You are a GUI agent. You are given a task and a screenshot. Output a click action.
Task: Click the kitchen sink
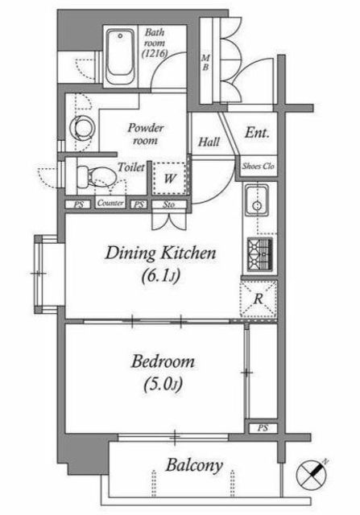click(x=256, y=200)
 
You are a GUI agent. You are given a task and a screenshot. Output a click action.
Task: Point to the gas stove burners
click(x=259, y=254)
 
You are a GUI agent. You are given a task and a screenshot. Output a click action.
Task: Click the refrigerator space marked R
click(x=259, y=299)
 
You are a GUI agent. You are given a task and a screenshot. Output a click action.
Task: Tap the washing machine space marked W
click(x=169, y=179)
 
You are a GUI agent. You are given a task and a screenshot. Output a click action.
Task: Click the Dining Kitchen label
click(x=160, y=253)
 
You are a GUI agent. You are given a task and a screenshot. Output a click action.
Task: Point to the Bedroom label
click(x=163, y=361)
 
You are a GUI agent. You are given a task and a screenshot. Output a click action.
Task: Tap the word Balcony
click(x=194, y=465)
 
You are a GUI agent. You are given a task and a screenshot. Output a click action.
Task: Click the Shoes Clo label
click(x=258, y=167)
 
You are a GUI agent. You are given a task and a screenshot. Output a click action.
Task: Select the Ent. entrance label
click(x=257, y=133)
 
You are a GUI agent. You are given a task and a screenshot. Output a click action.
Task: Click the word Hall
click(x=209, y=142)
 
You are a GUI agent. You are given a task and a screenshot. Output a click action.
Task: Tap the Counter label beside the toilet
click(x=110, y=203)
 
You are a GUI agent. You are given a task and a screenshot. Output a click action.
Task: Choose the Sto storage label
click(x=168, y=204)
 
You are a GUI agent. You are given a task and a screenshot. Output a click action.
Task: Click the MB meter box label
click(x=205, y=63)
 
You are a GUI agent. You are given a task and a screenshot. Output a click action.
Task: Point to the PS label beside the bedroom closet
click(x=263, y=428)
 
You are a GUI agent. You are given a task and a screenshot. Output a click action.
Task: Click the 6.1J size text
click(x=160, y=276)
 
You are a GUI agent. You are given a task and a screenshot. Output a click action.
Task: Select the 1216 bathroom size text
click(x=155, y=53)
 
